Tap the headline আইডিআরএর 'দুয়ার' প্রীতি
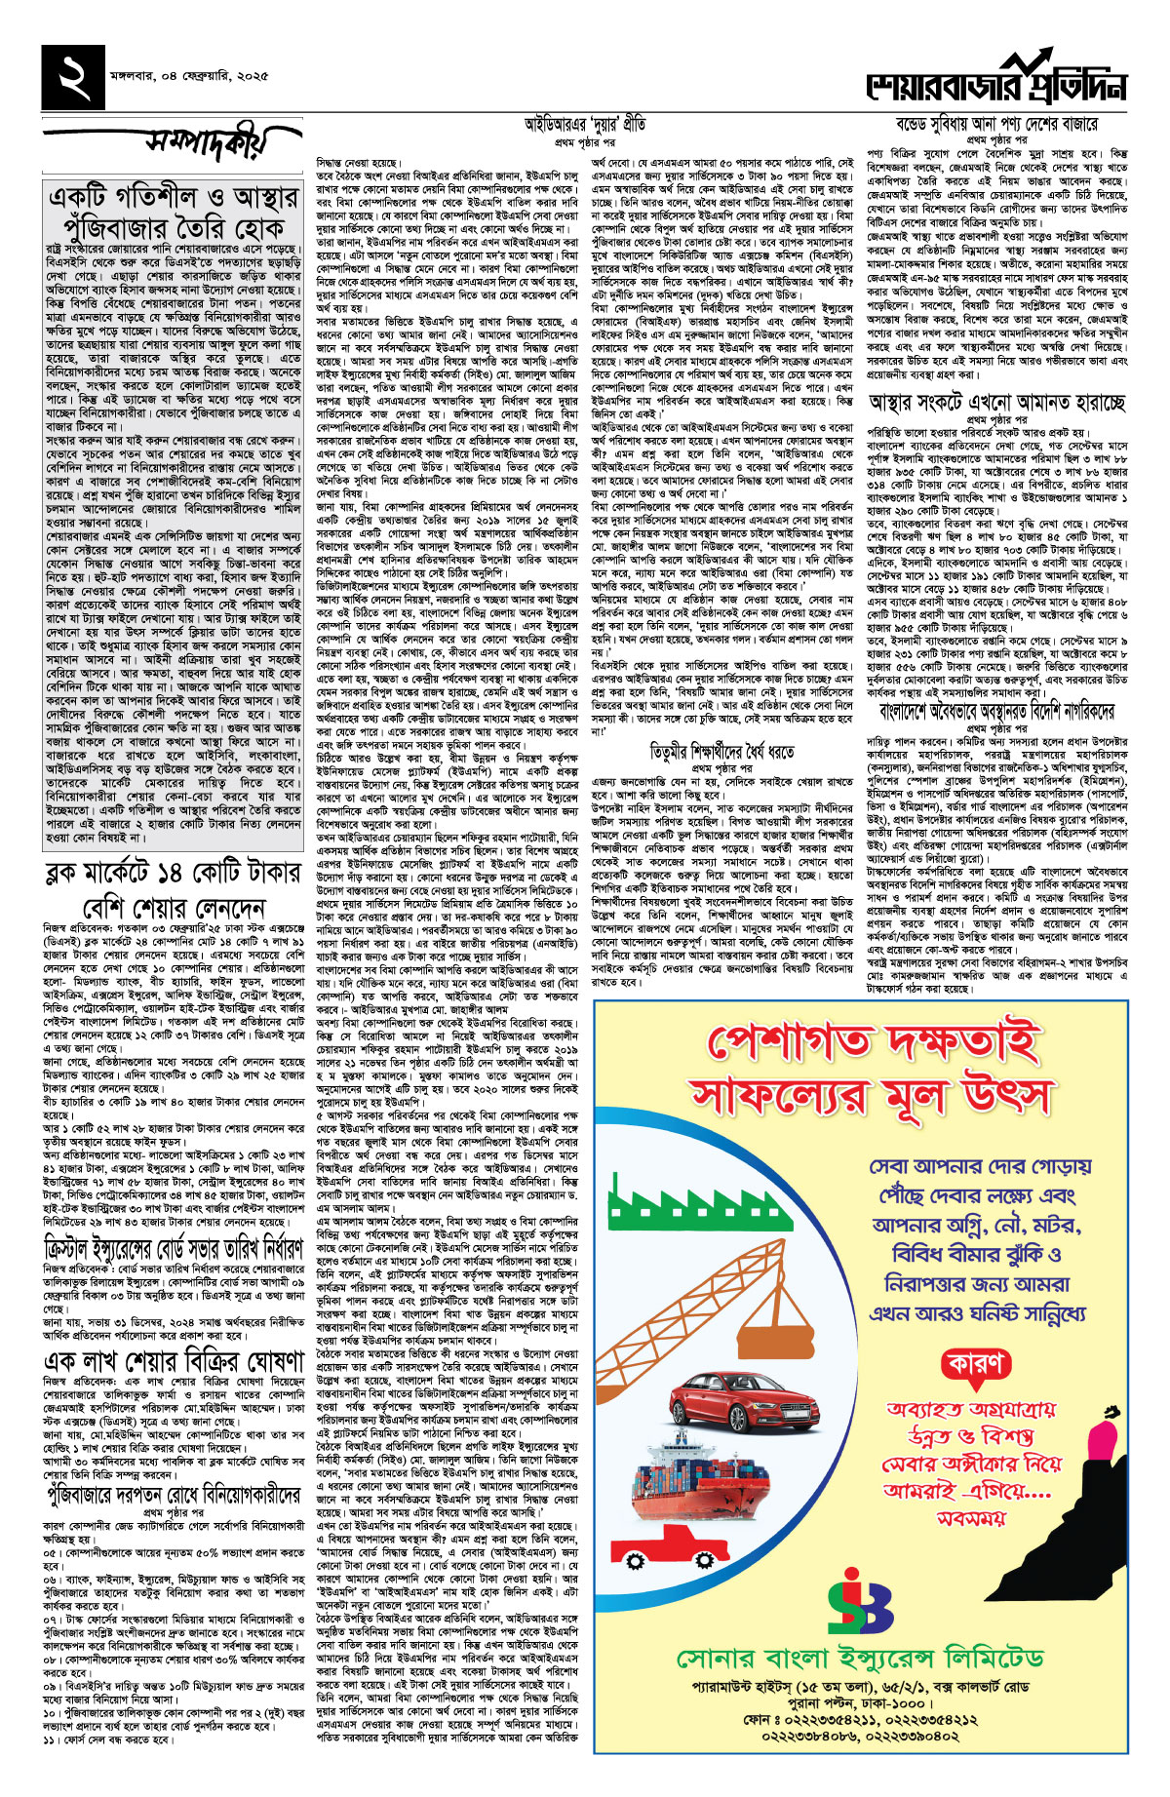tap(584, 124)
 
